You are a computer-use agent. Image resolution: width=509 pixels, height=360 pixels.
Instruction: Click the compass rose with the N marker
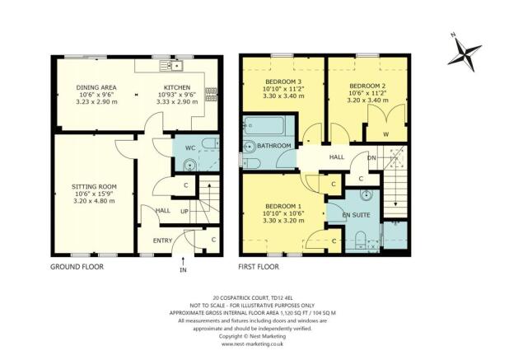(467, 52)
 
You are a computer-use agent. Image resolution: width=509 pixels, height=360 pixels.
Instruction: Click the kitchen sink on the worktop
(175, 64)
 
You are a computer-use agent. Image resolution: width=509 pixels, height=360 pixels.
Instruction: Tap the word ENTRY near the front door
(165, 241)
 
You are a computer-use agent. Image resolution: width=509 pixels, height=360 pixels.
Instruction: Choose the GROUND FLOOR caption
(78, 267)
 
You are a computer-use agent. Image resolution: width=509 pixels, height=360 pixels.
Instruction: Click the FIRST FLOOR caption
(259, 267)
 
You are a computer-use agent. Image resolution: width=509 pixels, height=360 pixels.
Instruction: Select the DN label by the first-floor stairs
(371, 157)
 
